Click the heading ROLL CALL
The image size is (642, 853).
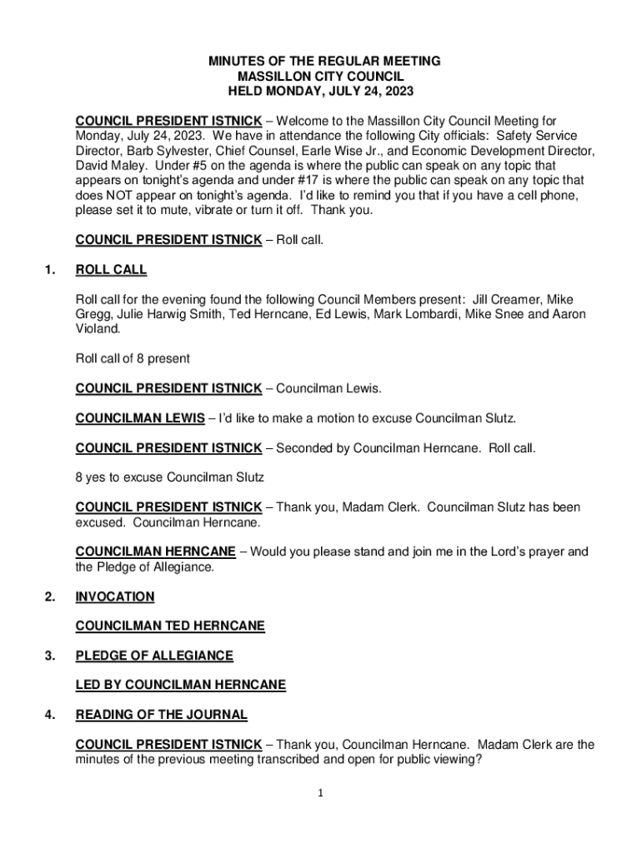coord(111,270)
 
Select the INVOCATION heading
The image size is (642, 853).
coord(115,596)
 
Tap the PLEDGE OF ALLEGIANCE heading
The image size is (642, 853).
coord(154,656)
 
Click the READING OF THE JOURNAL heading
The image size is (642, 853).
coord(161,715)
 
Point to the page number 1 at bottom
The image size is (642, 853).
coord(319,793)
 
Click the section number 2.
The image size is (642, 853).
coord(51,596)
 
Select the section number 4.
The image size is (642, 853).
coord(51,715)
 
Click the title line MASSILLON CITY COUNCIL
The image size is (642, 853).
coord(321,77)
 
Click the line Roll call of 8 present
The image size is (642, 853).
coord(133,359)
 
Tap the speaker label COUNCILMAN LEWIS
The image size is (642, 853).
coord(139,418)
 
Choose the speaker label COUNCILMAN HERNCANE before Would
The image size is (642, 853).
coord(155,551)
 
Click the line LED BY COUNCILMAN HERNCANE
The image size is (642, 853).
coord(180,686)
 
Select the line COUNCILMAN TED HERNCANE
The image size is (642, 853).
coord(170,626)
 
